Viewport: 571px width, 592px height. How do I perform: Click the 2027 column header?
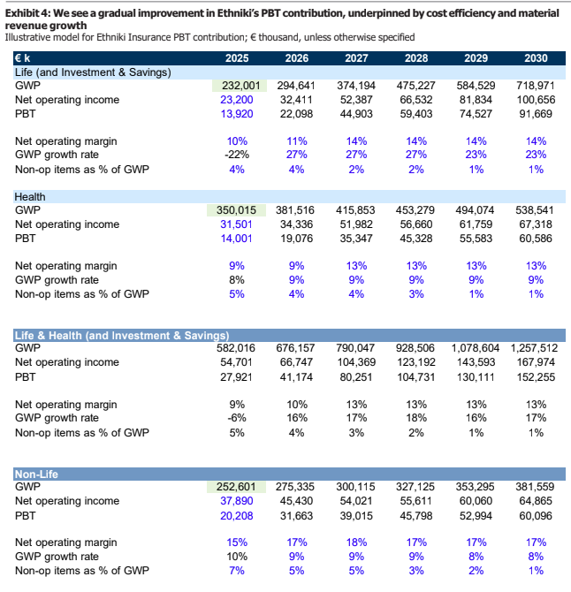356,58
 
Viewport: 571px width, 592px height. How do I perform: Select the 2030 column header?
536,58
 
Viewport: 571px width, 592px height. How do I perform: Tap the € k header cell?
22,58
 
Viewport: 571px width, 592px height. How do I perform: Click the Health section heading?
30,197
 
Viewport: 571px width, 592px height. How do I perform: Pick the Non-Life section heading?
36,474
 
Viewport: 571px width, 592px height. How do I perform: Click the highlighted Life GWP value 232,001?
241,86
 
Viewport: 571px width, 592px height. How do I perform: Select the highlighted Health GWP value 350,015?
236,210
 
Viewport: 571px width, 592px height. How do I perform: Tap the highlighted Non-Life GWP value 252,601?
236,487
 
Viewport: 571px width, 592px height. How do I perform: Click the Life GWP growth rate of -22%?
237,155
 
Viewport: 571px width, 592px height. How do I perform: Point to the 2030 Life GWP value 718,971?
535,86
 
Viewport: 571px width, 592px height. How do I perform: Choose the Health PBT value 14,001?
236,239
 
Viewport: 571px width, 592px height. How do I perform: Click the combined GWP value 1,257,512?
534,348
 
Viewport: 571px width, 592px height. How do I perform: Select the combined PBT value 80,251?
355,377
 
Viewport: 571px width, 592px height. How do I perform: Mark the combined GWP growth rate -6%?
237,418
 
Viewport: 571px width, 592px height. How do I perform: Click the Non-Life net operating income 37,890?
236,501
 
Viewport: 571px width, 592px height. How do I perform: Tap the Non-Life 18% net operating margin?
356,543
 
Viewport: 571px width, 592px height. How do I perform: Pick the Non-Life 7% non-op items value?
237,571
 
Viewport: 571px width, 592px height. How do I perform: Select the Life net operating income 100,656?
536,100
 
